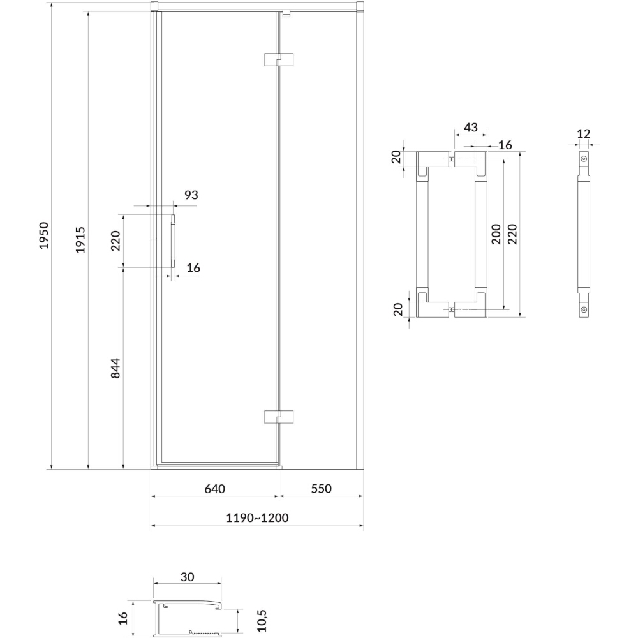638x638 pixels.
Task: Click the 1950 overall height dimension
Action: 44,235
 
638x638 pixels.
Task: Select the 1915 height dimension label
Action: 80,240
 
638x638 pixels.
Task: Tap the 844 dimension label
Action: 115,368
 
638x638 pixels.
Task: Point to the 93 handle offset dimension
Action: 191,195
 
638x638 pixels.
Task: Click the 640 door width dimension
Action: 214,488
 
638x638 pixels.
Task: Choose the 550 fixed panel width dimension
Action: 322,488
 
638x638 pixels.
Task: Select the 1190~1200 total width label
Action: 257,517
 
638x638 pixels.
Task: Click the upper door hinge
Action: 279,59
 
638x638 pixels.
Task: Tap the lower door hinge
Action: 279,416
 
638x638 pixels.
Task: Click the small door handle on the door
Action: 173,241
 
